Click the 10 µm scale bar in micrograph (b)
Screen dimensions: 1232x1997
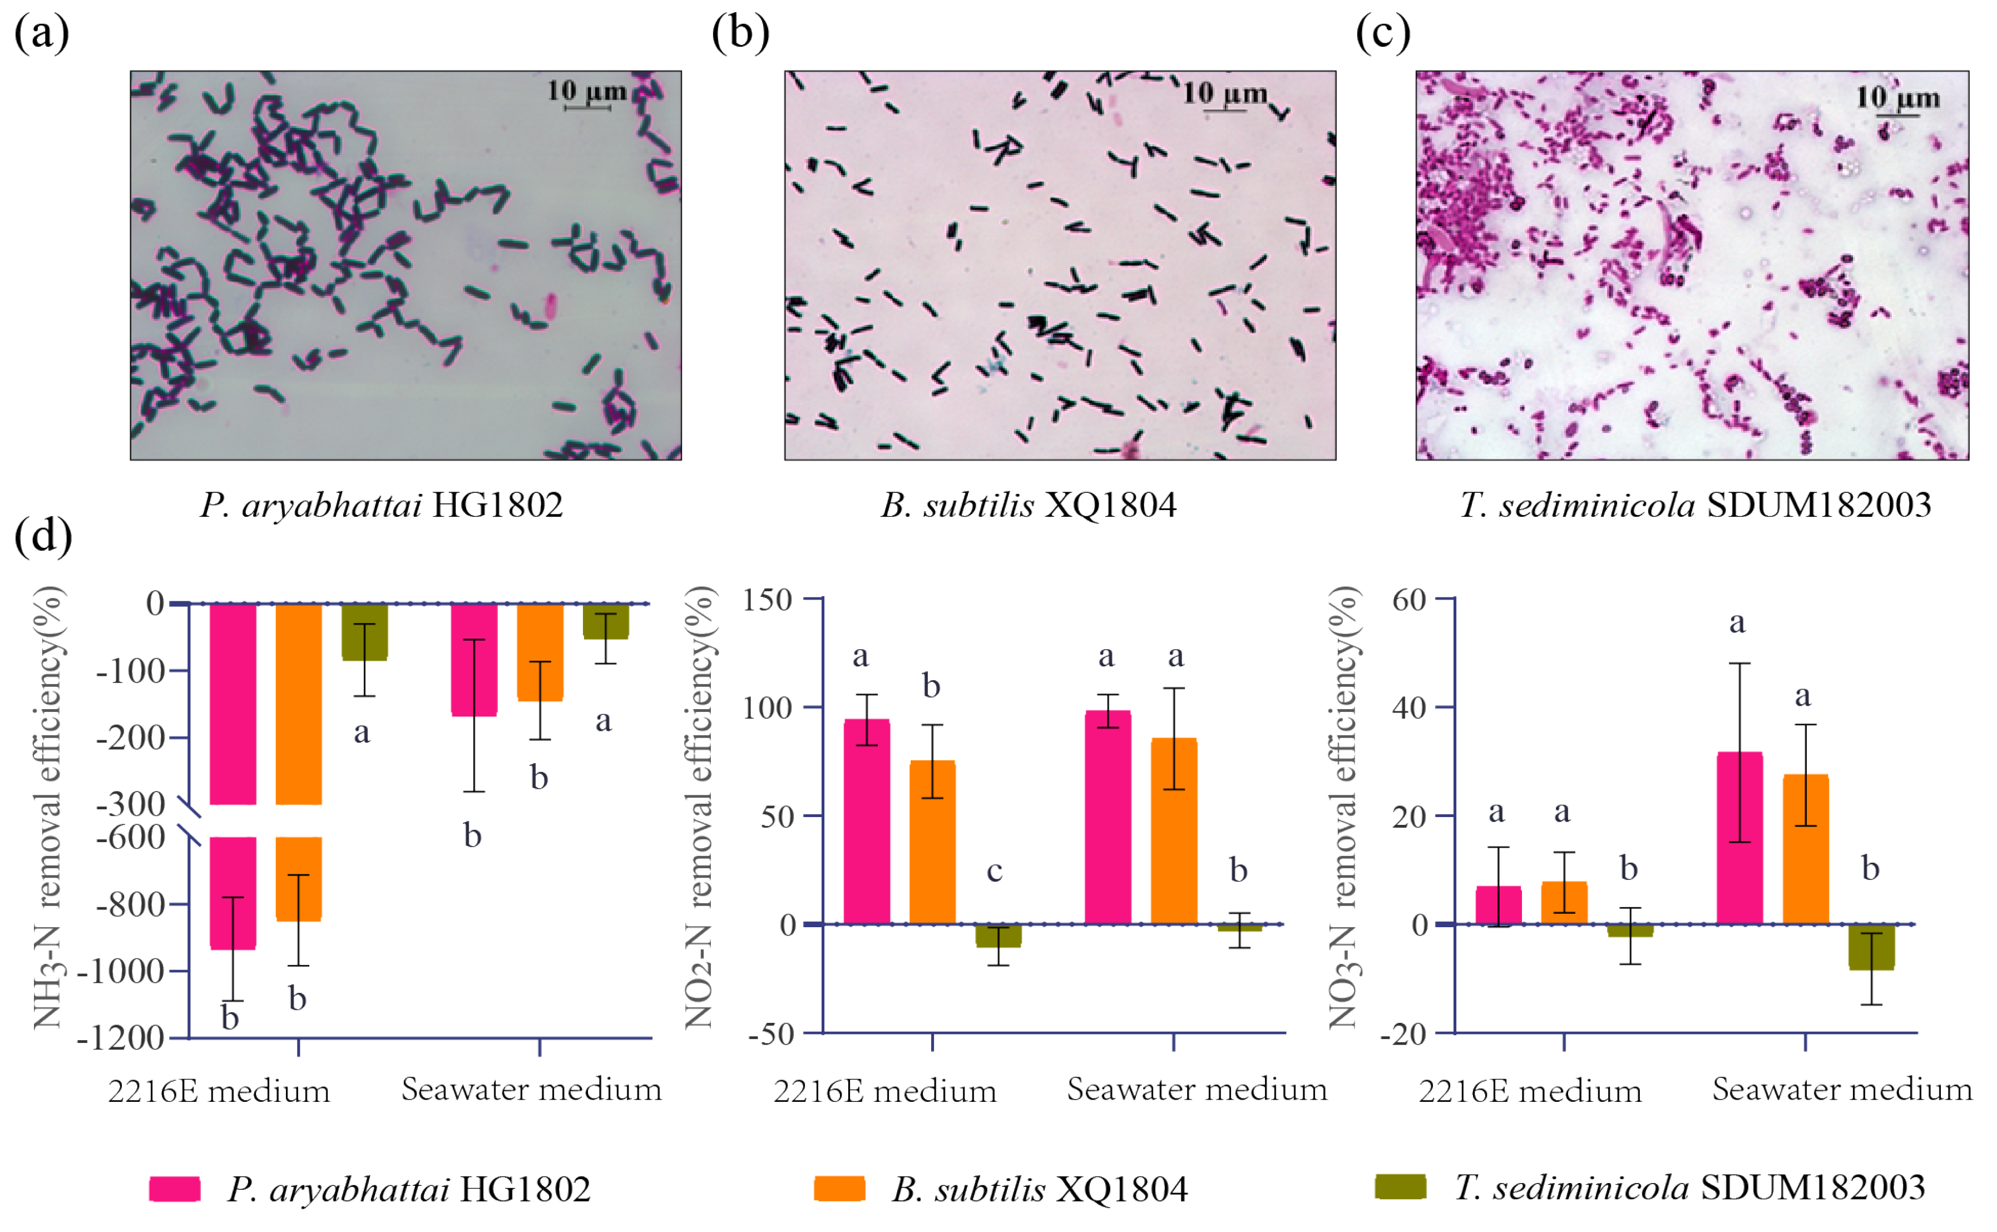pyautogui.click(x=1224, y=109)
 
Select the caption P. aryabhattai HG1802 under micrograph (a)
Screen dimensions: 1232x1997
pyautogui.click(x=381, y=505)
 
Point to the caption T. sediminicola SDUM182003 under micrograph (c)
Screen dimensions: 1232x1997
pyautogui.click(x=1695, y=505)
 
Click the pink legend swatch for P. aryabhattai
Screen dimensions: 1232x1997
pyautogui.click(x=174, y=1189)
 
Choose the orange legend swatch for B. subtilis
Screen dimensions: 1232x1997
pyautogui.click(x=839, y=1189)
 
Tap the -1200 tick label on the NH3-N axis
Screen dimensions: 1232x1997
pyautogui.click(x=121, y=1038)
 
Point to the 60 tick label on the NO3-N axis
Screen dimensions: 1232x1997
pyautogui.click(x=1408, y=601)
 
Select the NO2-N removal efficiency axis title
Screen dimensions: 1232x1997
pyautogui.click(x=699, y=807)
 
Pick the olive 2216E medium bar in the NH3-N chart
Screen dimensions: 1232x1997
pyautogui.click(x=364, y=631)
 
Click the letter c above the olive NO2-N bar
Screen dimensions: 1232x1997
pyautogui.click(x=994, y=871)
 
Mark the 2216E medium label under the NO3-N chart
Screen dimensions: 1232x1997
pyautogui.click(x=1530, y=1091)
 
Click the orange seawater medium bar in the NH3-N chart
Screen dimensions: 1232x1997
pyautogui.click(x=540, y=652)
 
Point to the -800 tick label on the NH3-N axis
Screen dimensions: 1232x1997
pyautogui.click(x=130, y=904)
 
